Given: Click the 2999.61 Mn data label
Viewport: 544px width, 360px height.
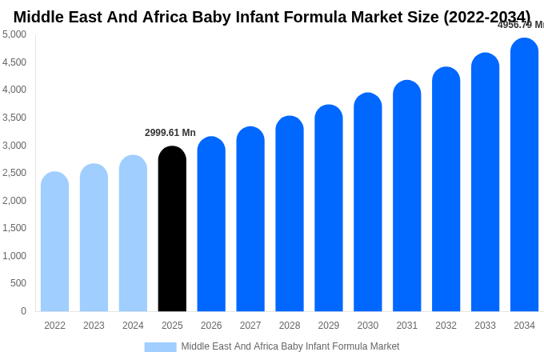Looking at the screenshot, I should click(170, 133).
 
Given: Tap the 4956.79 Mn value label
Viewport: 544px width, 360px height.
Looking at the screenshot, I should click(521, 25).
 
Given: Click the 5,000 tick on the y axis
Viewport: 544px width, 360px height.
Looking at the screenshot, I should click(14, 34).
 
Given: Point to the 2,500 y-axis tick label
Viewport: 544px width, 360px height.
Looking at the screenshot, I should click(14, 173).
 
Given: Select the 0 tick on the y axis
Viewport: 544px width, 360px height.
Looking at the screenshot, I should click(23, 311).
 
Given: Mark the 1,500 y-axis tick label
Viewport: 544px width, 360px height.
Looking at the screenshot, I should click(14, 228).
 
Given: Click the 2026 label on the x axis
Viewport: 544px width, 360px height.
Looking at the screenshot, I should click(211, 326).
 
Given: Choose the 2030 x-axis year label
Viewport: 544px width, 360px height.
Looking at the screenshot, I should click(368, 326).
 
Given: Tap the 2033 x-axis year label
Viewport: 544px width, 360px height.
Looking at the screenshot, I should click(485, 326).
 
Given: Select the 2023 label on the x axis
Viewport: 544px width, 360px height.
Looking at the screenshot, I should click(94, 326).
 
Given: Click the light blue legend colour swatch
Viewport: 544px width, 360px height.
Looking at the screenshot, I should click(160, 347).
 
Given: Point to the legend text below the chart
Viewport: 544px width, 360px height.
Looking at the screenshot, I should click(290, 346).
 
